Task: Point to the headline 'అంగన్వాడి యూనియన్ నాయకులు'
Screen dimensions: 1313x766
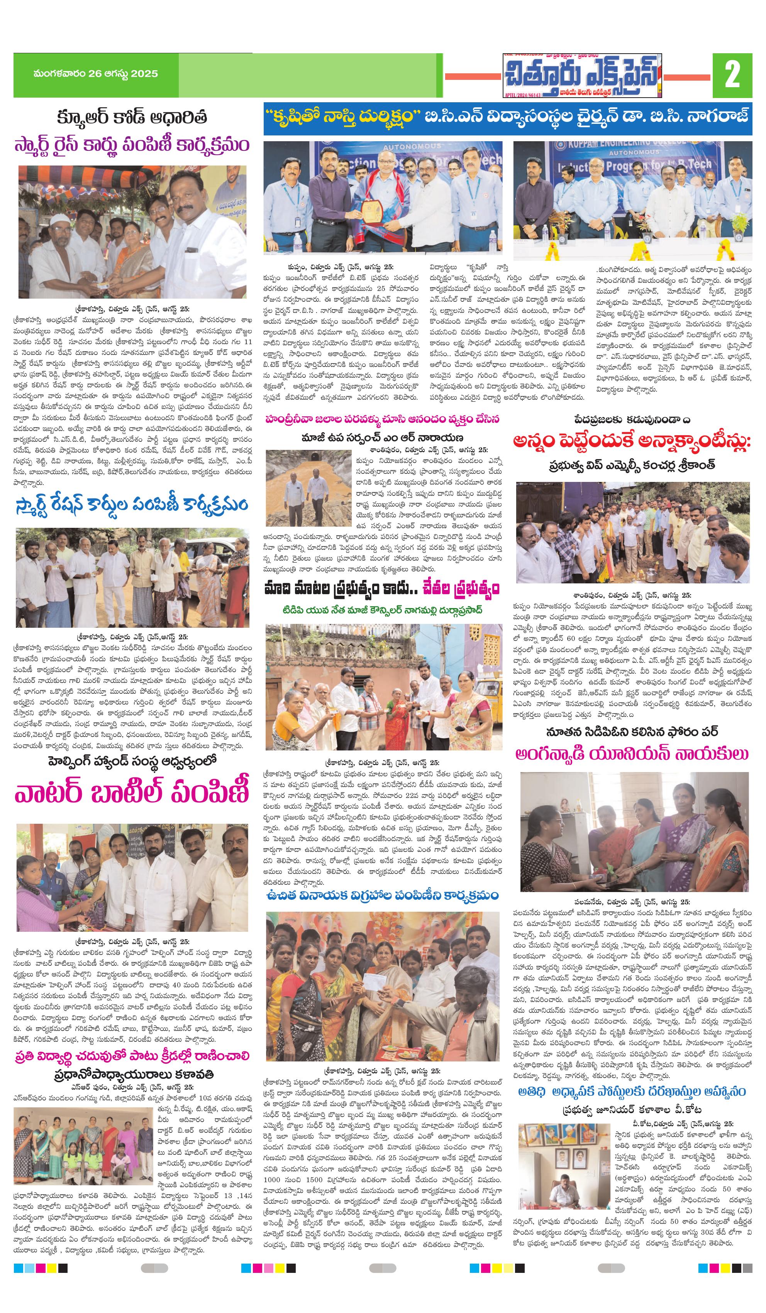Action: click(632, 754)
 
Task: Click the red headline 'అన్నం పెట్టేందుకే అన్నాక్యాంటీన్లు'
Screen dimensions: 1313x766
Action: click(632, 441)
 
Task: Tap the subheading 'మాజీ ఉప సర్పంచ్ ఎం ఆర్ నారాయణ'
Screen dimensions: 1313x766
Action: click(382, 437)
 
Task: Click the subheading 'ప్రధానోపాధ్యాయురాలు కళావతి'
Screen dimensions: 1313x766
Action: click(134, 1075)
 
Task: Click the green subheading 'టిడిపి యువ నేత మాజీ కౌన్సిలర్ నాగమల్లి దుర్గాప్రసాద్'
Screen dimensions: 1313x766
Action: click(382, 610)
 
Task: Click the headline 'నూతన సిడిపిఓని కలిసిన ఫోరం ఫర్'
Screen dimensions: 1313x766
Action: click(632, 732)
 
